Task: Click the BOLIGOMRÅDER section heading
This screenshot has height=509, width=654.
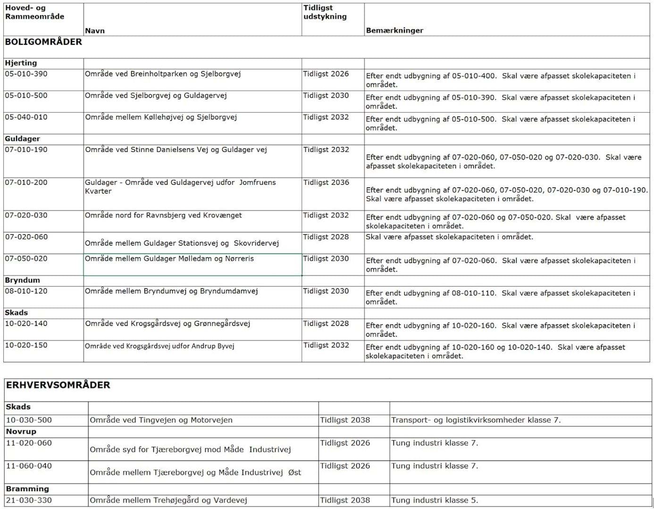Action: [43, 42]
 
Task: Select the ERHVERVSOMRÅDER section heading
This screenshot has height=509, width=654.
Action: [58, 385]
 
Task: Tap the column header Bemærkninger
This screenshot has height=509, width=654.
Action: [394, 31]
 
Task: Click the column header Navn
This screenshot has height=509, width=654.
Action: [95, 31]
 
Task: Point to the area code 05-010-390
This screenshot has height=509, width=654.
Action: [26, 74]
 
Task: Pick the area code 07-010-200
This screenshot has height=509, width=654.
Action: [26, 182]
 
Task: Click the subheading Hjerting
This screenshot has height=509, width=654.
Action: [21, 63]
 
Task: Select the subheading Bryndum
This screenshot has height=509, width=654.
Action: [23, 280]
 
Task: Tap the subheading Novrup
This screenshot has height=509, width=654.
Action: [21, 432]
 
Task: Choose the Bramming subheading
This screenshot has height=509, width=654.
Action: [27, 489]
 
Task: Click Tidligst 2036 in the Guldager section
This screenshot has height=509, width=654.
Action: [326, 182]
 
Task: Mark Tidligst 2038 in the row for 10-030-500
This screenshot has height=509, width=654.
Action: [345, 420]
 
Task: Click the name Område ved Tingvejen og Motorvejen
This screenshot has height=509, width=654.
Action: [161, 420]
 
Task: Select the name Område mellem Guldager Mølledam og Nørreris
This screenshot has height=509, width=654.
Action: [169, 259]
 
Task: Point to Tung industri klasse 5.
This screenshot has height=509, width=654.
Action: [435, 500]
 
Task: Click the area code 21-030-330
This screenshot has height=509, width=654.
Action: [29, 500]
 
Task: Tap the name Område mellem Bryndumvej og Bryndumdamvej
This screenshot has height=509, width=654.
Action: [171, 291]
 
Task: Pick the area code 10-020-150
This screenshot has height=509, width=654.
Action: [26, 345]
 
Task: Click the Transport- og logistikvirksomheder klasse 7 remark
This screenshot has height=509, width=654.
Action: [476, 420]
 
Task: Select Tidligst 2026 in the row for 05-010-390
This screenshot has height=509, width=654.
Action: [326, 74]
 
